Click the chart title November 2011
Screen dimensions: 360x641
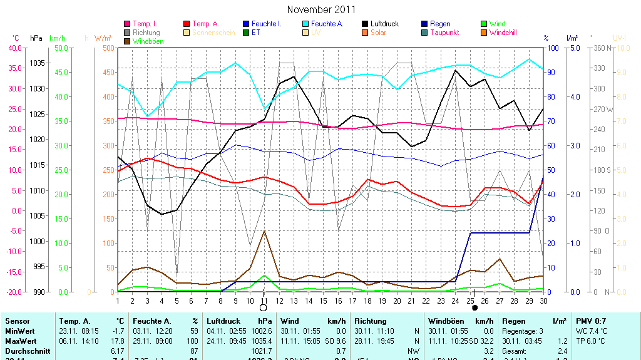click(321, 9)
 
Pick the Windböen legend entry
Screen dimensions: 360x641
click(148, 41)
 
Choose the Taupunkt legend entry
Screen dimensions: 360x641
click(446, 33)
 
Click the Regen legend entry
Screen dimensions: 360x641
click(440, 24)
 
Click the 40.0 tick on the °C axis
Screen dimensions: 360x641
click(14, 48)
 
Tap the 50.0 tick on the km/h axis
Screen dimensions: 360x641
click(61, 48)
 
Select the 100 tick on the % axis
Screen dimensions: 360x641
click(553, 48)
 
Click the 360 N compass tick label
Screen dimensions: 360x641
click(602, 48)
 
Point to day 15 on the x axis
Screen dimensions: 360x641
click(323, 301)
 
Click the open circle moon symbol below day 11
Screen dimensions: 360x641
click(264, 308)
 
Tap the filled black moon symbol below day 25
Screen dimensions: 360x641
click(474, 308)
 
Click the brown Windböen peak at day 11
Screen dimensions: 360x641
click(264, 231)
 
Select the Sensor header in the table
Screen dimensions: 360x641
click(17, 321)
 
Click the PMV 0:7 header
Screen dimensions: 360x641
click(591, 321)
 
